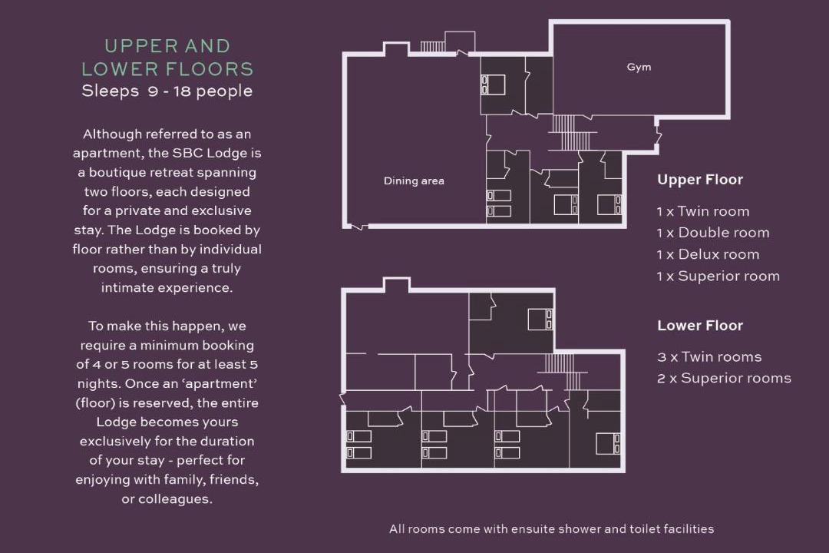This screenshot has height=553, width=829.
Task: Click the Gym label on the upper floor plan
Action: coord(639,68)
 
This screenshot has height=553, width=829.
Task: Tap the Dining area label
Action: coord(414,181)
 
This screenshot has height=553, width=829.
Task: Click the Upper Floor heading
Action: coord(700,180)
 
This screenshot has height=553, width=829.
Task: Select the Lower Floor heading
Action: coord(700,326)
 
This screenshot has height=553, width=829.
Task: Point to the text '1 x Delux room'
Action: coord(708,254)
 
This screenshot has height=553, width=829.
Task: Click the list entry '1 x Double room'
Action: coord(712,233)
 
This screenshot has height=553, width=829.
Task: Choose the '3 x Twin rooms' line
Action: coord(709,357)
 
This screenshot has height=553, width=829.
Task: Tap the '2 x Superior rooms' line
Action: coord(724,379)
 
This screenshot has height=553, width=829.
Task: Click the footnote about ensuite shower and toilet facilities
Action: coord(551,529)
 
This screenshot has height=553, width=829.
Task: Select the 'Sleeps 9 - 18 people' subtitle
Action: coord(167,91)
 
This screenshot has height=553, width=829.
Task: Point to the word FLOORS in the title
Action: coord(210,69)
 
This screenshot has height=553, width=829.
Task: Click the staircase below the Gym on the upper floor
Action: coord(564,132)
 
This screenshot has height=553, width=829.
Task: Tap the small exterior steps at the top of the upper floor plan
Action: coord(432,47)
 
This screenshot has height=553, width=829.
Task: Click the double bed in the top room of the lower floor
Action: coord(540,320)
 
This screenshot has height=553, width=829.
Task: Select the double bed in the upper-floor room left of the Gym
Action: coord(493,84)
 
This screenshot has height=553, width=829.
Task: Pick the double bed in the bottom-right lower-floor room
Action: coord(607,443)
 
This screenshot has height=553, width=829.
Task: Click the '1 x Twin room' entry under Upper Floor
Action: coord(702,212)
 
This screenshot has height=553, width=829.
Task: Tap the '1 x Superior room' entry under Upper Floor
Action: coord(718,276)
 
